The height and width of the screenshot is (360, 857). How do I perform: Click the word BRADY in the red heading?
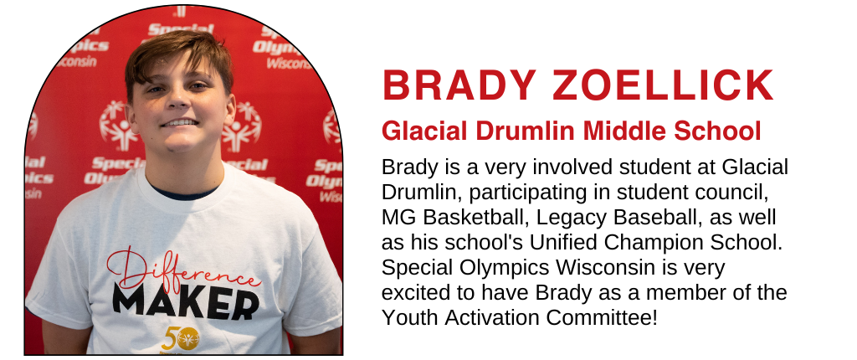click(x=459, y=85)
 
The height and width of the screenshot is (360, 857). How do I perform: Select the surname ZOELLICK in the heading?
click(x=663, y=85)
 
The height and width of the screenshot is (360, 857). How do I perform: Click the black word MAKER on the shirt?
click(x=186, y=302)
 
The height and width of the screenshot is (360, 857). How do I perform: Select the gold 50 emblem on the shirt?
click(x=180, y=339)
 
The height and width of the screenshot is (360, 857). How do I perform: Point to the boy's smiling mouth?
click(x=179, y=122)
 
